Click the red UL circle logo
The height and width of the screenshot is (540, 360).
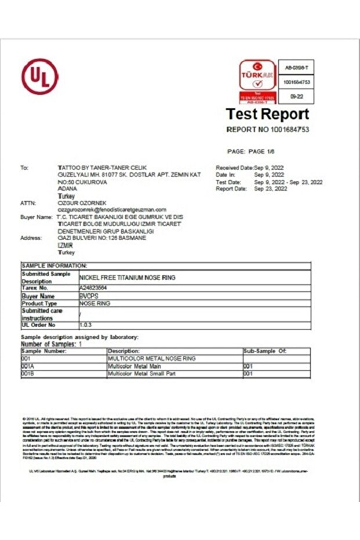click(40, 76)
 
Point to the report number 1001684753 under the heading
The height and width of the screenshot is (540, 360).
click(267, 129)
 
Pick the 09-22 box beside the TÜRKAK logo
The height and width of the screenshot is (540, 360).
click(296, 97)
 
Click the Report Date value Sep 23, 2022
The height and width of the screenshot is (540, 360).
click(271, 189)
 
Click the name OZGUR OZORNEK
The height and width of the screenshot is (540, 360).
click(81, 203)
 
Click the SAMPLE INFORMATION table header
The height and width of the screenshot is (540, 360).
click(54, 265)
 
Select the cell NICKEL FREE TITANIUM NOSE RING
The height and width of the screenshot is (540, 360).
click(127, 278)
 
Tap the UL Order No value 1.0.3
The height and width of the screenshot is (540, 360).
click(86, 325)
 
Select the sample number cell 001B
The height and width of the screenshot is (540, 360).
click(28, 374)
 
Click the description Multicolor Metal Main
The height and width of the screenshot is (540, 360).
click(134, 367)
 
